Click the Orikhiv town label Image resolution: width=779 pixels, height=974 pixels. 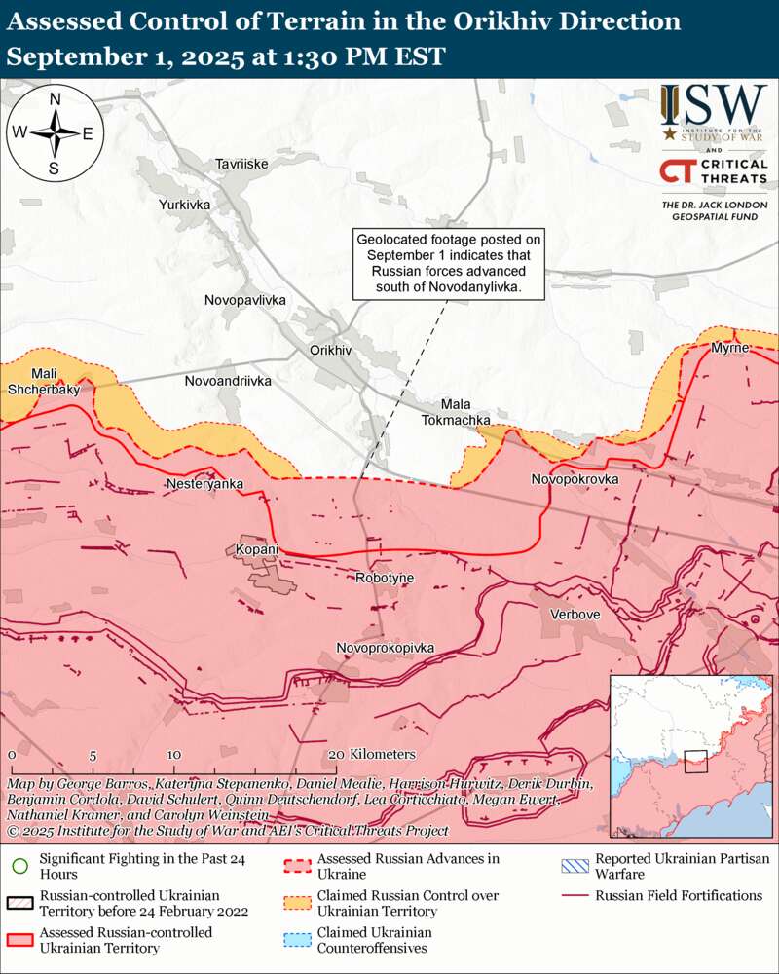(329, 350)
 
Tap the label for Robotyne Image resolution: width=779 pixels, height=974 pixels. (385, 578)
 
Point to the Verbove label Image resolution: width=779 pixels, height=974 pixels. (575, 615)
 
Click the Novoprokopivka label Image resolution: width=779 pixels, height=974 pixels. (385, 648)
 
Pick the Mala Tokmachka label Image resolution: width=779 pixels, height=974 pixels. (456, 412)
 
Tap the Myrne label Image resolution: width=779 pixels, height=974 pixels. (729, 348)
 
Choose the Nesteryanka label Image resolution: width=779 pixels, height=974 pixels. (204, 483)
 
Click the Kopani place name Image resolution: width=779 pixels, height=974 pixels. (257, 550)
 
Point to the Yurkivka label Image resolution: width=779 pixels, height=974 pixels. (185, 206)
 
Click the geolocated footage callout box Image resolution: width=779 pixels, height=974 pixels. (447, 264)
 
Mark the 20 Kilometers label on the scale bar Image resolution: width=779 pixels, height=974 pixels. (373, 755)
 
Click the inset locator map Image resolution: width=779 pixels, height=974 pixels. (690, 755)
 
